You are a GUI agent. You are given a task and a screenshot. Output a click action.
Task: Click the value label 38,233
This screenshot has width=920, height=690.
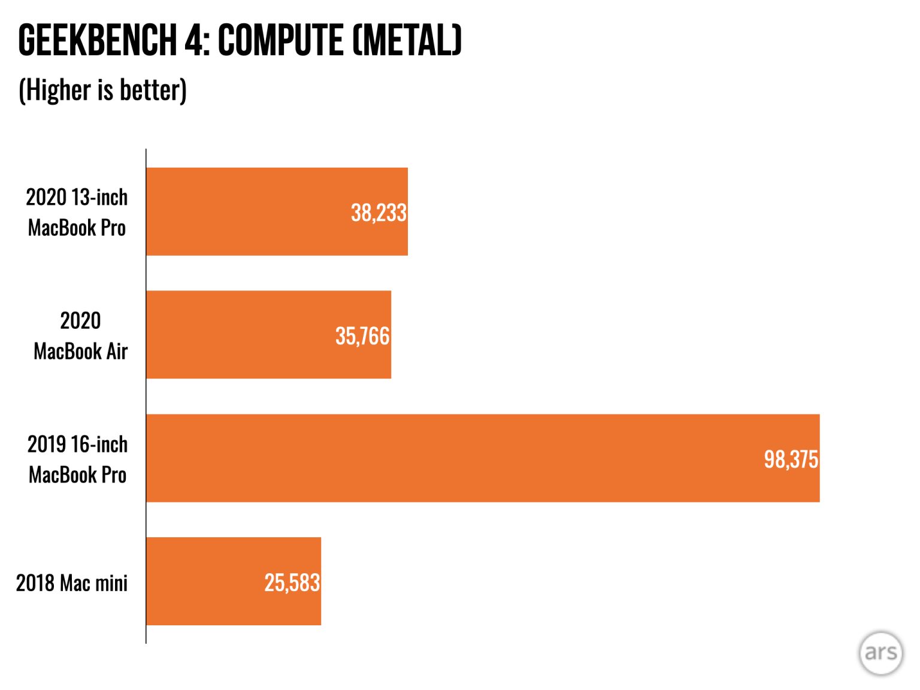pos(379,213)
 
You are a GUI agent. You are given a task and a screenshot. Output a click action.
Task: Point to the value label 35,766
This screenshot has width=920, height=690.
pos(362,336)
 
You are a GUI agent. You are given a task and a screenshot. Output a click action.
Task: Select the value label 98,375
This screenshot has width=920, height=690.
pos(791,459)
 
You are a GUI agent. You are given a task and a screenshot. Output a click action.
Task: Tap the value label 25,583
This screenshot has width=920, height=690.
pos(292,583)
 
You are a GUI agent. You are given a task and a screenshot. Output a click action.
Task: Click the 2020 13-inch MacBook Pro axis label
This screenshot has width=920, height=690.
pos(77,212)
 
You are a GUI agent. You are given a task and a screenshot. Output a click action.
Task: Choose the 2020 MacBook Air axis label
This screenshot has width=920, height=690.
pos(80,335)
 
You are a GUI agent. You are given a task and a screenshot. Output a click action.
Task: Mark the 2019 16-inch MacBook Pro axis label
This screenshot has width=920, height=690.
pos(77,459)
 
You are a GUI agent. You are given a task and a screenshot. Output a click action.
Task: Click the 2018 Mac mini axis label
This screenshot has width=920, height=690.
pos(72,583)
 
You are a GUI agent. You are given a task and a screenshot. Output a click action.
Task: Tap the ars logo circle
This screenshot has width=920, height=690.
pos(880,653)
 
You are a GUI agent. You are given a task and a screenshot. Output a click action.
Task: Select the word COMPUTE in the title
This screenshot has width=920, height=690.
pos(280,41)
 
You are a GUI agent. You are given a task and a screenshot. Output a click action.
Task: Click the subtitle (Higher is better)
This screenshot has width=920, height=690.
pos(103,90)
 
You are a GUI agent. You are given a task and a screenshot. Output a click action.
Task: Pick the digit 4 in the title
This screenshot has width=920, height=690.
pos(193,41)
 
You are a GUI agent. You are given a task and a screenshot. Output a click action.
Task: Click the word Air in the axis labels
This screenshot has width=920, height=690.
pos(117,352)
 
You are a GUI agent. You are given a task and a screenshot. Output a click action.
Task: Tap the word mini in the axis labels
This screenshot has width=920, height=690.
pos(111,583)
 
